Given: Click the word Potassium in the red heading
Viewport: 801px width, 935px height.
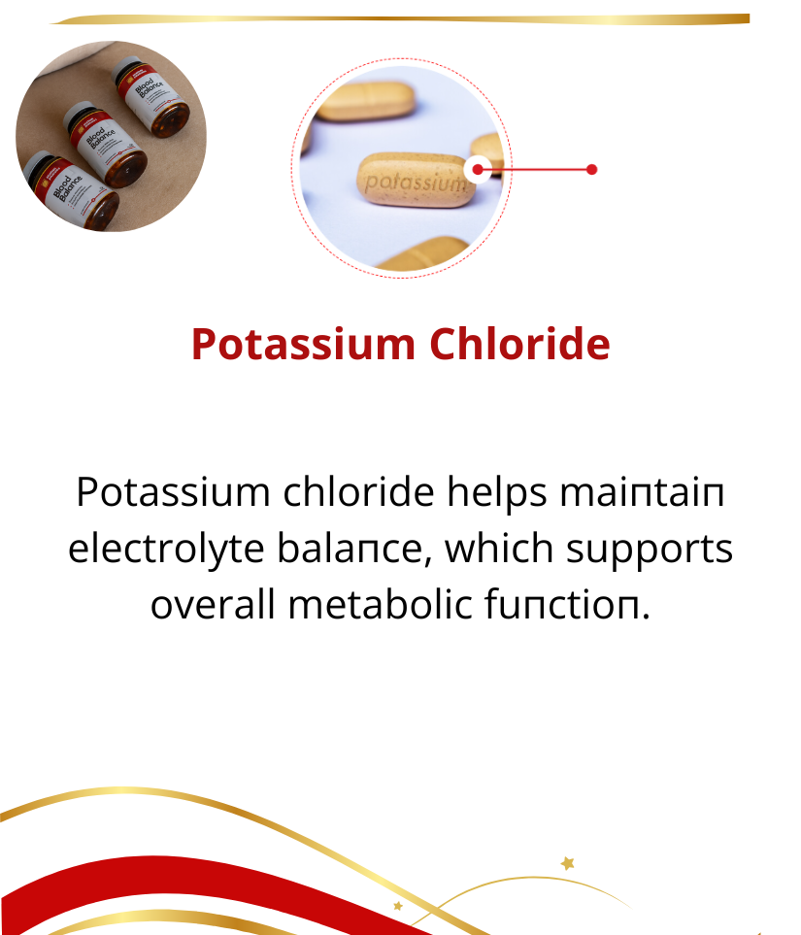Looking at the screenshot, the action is (x=304, y=344).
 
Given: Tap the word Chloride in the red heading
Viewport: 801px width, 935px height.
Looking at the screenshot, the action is (x=519, y=344).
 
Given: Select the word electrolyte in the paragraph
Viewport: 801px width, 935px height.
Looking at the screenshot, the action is (x=166, y=550).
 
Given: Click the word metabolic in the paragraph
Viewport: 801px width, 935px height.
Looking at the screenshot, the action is (x=381, y=604).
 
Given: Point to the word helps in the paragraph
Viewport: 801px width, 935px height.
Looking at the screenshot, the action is (x=497, y=493).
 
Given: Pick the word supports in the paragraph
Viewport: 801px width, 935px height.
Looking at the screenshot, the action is (x=649, y=551).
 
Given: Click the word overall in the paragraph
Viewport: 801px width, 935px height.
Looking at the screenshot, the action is (x=213, y=604).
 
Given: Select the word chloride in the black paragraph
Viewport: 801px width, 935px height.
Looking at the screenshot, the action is (x=358, y=492).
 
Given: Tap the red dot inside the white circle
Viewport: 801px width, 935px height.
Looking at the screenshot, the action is (x=477, y=170).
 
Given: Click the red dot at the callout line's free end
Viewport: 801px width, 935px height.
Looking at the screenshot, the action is (x=591, y=170).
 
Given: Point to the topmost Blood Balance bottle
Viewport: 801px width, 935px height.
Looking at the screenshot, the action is (x=150, y=96).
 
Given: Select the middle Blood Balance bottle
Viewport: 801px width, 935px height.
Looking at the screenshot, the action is (x=105, y=144).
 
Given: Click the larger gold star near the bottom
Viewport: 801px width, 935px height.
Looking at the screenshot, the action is (x=568, y=863).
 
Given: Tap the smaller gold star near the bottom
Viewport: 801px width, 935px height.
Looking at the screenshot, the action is (x=398, y=906).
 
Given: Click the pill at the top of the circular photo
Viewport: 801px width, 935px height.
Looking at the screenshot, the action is (x=366, y=100).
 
